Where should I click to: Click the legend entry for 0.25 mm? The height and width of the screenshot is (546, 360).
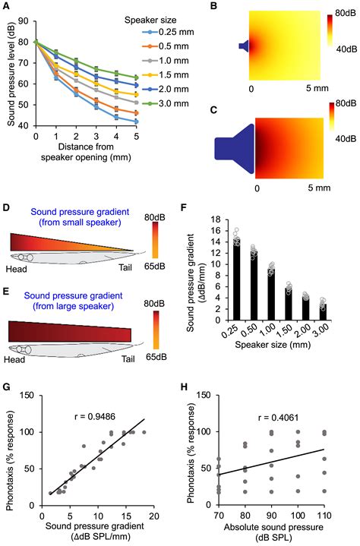tap(168, 32)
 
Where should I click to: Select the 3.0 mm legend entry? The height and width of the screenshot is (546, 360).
tap(166, 103)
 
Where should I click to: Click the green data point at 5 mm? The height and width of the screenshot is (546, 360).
tap(137, 77)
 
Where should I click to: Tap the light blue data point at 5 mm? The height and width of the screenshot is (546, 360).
tap(137, 122)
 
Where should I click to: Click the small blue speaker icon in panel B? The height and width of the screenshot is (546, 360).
tap(244, 46)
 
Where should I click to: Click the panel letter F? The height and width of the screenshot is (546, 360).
tap(184, 208)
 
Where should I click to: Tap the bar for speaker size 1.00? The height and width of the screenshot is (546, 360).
tap(271, 294)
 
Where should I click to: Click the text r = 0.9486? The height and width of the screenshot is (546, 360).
tap(95, 416)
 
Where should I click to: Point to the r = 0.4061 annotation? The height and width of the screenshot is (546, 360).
tap(278, 417)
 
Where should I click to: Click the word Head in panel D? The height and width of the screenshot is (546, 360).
tap(17, 268)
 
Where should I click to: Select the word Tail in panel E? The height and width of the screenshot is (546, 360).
tap(128, 358)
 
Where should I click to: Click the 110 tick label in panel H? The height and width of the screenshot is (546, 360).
tap(324, 515)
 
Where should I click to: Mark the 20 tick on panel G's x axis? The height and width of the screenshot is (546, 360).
tap(154, 516)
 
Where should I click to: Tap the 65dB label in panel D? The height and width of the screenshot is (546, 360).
tap(155, 267)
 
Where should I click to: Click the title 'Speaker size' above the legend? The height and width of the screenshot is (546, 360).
tap(150, 21)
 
